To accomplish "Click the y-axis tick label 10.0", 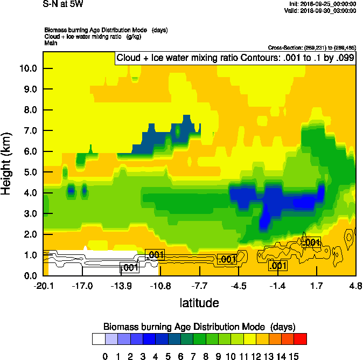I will [x=27, y=68].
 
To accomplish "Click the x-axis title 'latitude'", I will [x=199, y=303].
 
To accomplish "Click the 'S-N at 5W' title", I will [x=63, y=5].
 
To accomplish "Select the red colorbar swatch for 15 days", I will [x=300, y=339].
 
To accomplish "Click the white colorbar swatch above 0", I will [x=99, y=339].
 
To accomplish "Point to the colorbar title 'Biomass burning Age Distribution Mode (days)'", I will [x=199, y=327].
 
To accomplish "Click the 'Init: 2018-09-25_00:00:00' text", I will [x=322, y=4].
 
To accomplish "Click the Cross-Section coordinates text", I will [x=311, y=48].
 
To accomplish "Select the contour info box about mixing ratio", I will [x=235, y=58].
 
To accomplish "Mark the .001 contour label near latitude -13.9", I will [x=129, y=267].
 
